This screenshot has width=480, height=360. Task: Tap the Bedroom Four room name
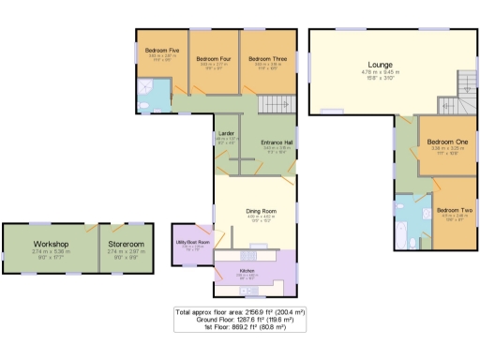tap(213, 58)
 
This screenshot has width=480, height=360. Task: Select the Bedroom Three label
tap(267, 58)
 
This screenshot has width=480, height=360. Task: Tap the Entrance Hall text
tap(277, 142)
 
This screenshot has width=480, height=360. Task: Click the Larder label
tap(226, 133)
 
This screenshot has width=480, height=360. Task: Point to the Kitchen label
tap(247, 270)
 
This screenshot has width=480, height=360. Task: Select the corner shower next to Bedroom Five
tap(146, 90)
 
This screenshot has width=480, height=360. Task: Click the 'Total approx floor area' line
tap(240, 310)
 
